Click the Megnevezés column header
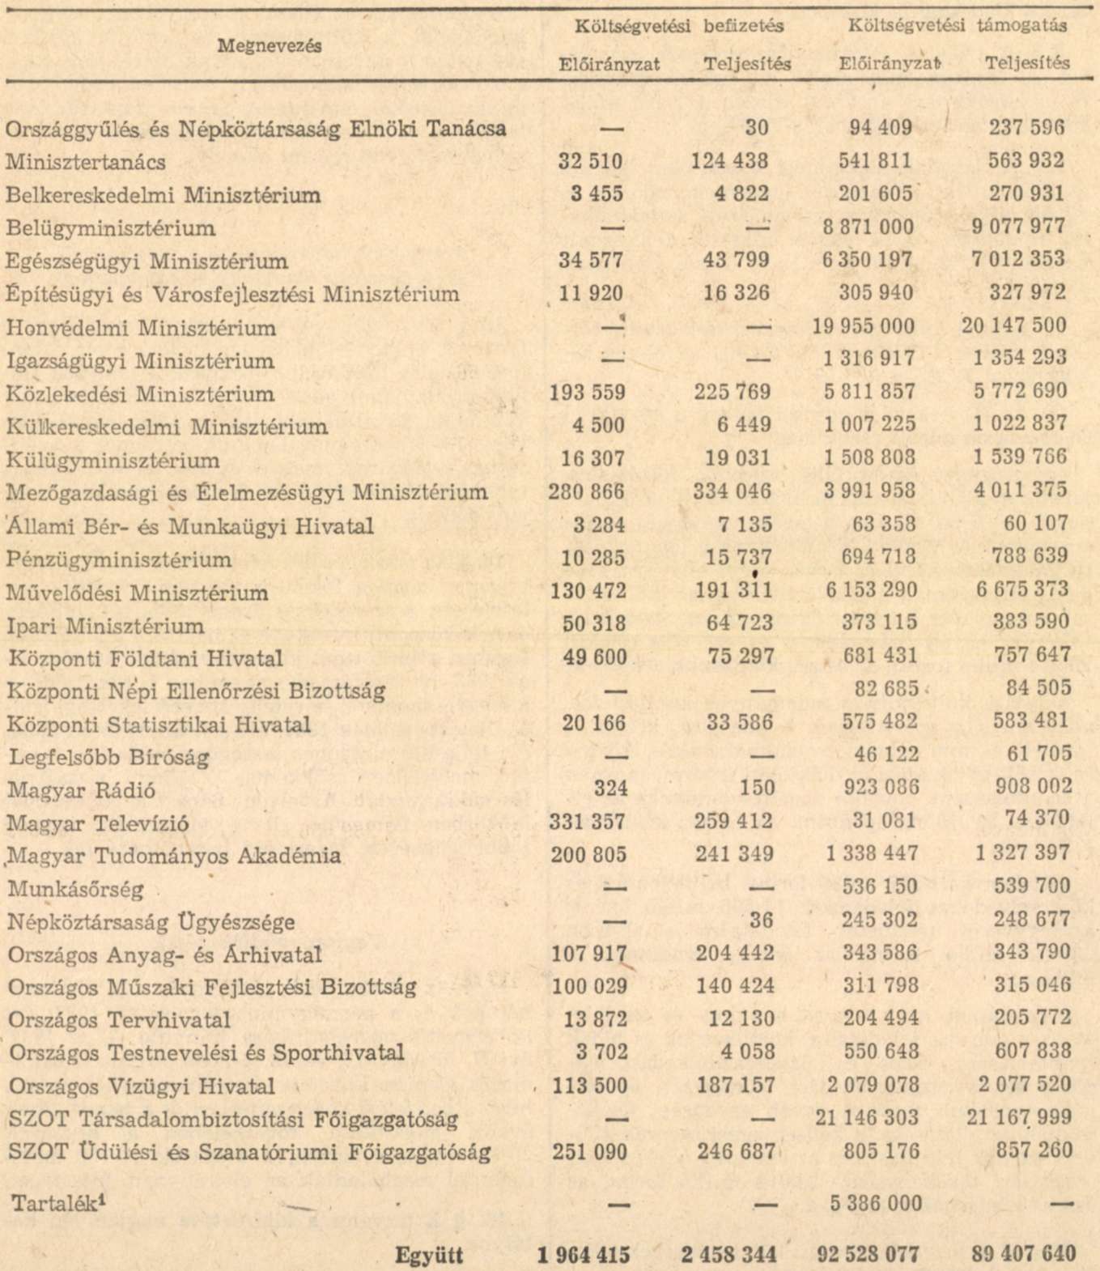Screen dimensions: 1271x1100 (x=270, y=45)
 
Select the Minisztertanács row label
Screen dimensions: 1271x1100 (x=85, y=162)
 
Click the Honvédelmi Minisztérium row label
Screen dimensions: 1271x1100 (x=141, y=328)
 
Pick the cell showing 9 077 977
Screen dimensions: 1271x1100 (x=1019, y=227)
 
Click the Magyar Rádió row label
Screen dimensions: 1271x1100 (x=81, y=790)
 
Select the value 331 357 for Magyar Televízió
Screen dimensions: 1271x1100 (x=588, y=822)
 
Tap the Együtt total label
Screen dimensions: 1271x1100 (x=429, y=1256)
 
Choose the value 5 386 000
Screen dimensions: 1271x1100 (x=876, y=1204)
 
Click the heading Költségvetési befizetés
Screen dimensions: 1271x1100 (x=678, y=26)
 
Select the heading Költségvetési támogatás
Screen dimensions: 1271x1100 (x=957, y=26)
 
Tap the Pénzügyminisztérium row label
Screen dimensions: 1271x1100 (x=118, y=559)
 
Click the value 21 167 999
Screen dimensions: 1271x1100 (x=1018, y=1118)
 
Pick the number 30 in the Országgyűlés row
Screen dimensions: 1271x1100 (x=757, y=128)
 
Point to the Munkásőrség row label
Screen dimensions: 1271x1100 (x=75, y=889)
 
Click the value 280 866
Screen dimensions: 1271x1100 (x=587, y=491)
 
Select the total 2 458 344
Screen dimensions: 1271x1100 (x=728, y=1255)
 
